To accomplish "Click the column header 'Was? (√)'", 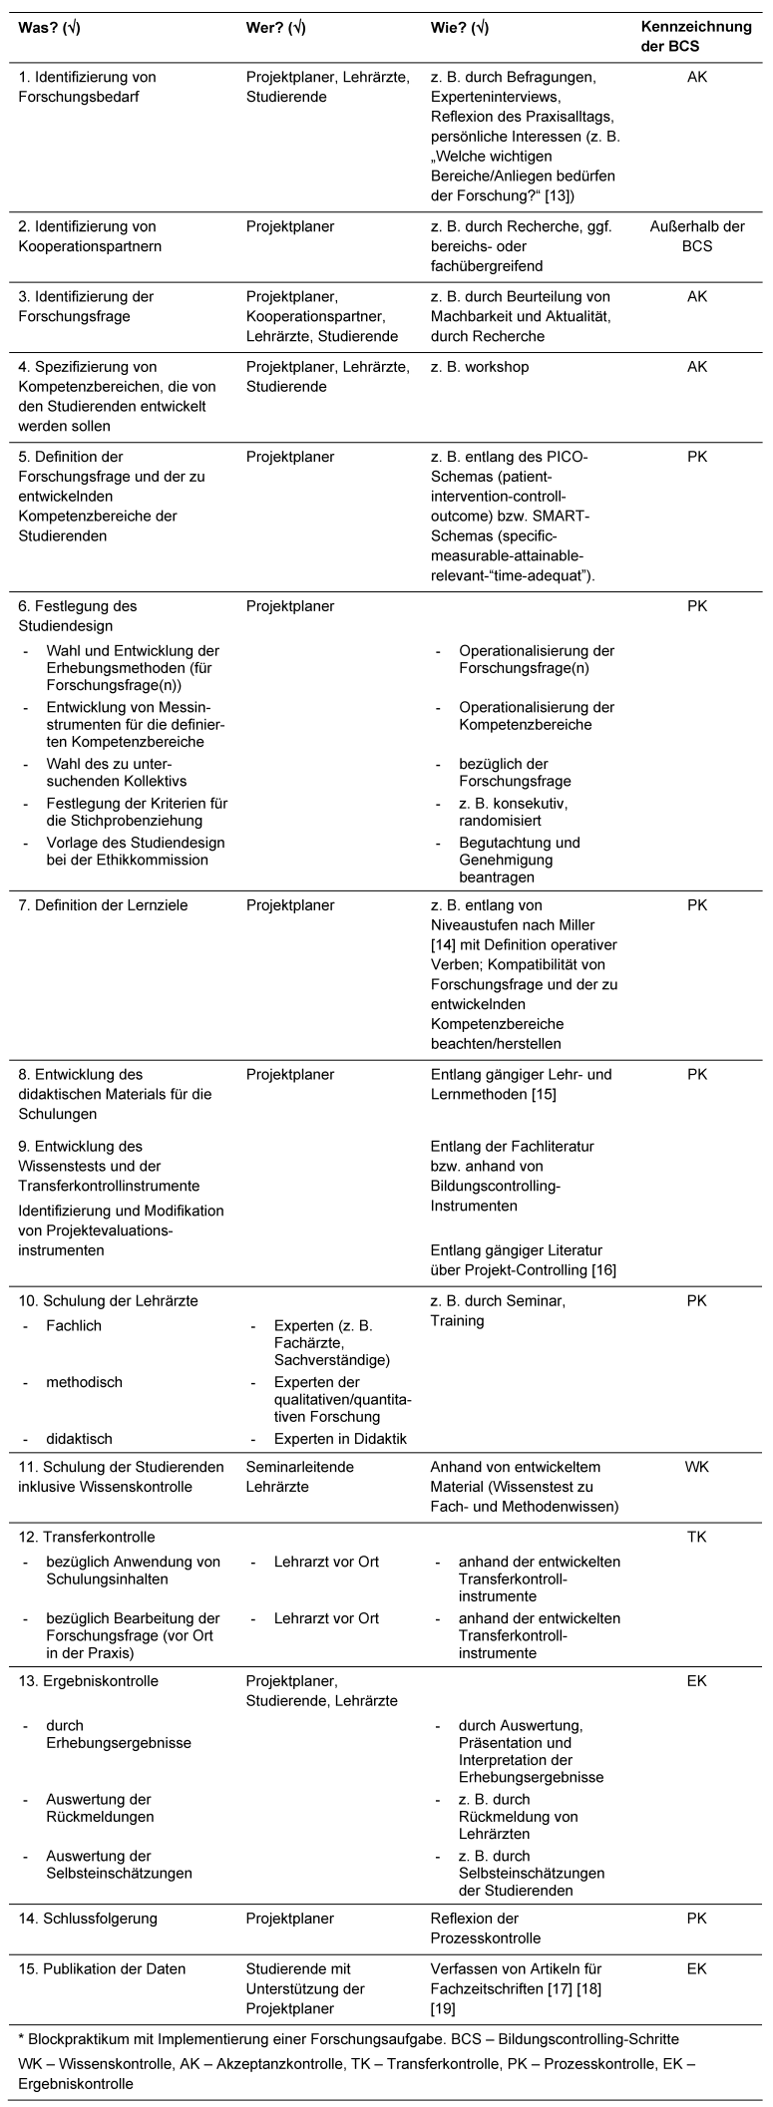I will [x=50, y=28].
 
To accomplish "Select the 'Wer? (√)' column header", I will [x=275, y=28].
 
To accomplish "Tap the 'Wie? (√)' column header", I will [x=460, y=28].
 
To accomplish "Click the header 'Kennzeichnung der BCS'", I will [x=696, y=36].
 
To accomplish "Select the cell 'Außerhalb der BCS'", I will [x=697, y=236].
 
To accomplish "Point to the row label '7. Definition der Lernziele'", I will [x=104, y=905].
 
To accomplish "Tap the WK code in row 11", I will [x=697, y=1467].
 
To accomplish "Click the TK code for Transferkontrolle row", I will [x=697, y=1537].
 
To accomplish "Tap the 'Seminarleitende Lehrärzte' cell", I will [x=300, y=1477].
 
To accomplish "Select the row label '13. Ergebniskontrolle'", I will [x=88, y=1680].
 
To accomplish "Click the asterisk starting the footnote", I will [x=22, y=2039].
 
